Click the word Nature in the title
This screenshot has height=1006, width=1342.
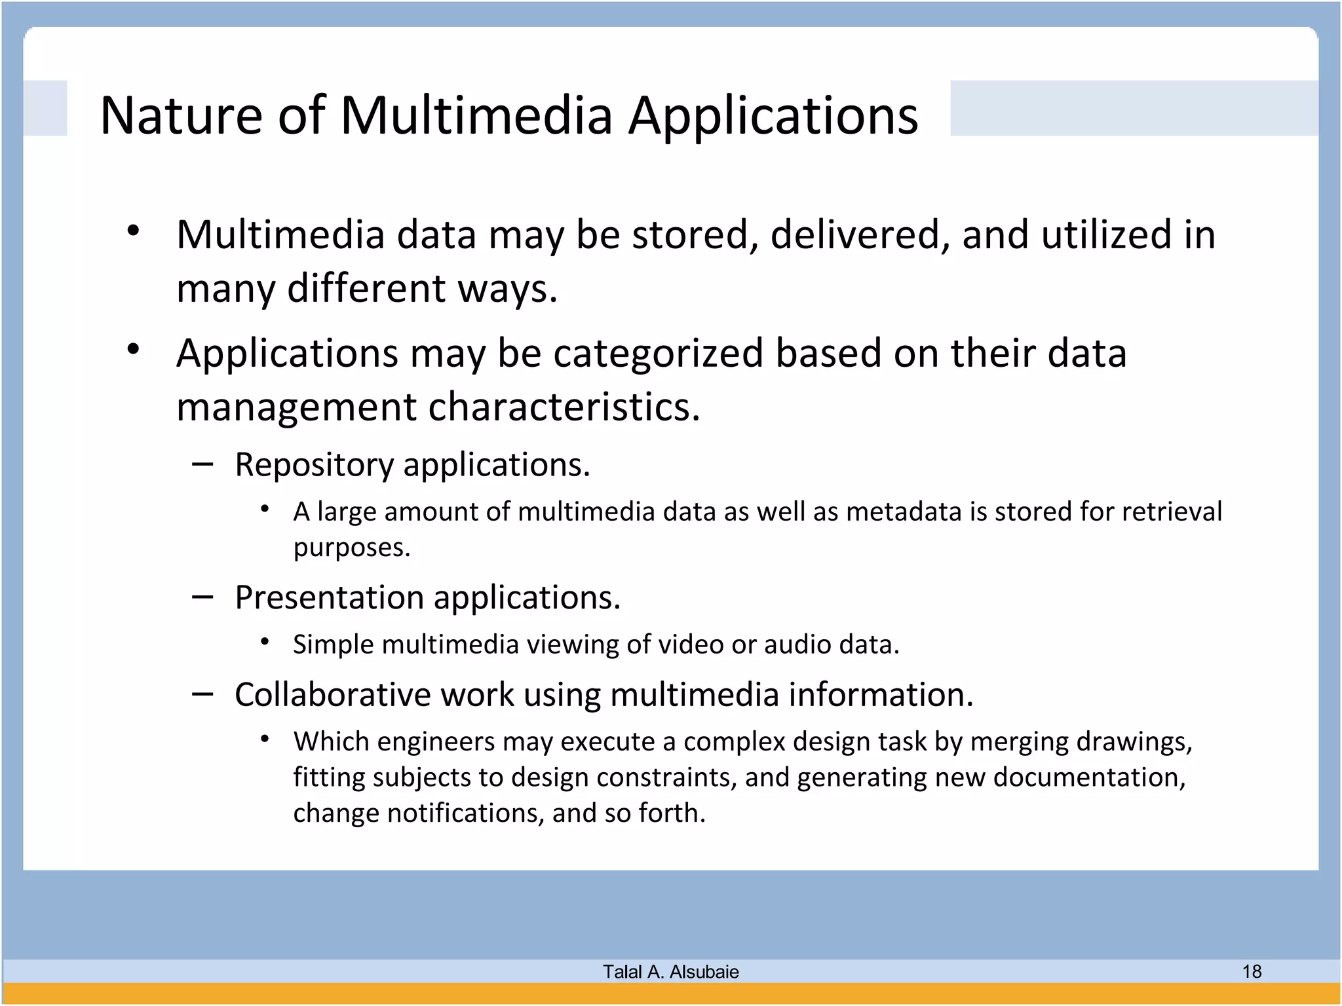181,116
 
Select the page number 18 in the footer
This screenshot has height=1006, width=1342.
1252,971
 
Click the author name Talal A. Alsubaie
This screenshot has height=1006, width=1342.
670,972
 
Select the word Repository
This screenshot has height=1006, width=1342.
314,465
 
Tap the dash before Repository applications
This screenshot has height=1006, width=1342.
202,464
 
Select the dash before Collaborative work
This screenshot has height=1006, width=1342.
202,694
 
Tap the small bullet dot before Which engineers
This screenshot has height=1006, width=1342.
265,739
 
